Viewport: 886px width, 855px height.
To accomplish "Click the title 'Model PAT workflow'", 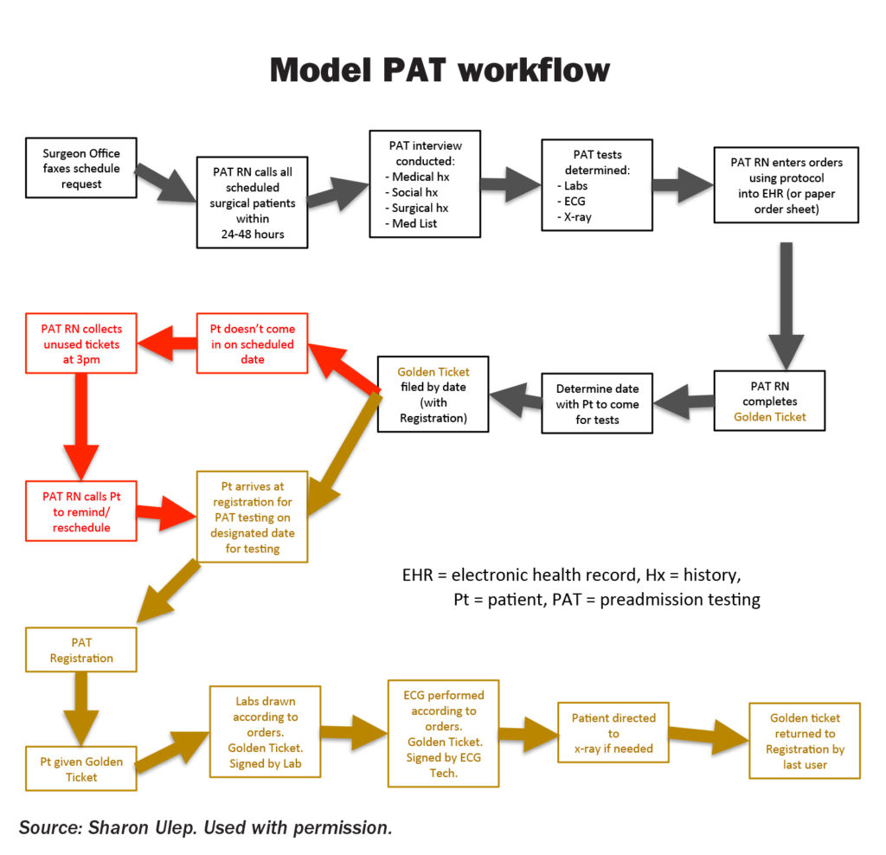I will click(440, 70).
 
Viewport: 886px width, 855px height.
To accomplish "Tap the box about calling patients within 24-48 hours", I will click(253, 202).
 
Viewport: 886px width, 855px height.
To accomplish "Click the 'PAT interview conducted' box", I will click(424, 183).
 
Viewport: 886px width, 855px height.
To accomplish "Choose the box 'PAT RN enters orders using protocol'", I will click(786, 184).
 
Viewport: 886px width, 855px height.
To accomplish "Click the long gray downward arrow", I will click(786, 299).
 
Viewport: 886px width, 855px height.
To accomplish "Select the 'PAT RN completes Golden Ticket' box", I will click(769, 402).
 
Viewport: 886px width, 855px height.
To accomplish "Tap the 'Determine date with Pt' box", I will click(597, 403).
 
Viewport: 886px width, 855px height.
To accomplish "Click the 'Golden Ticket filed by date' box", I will click(433, 395).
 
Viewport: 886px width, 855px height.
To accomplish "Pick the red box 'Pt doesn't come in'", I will click(253, 344).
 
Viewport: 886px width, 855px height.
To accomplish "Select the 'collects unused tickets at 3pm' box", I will click(81, 344).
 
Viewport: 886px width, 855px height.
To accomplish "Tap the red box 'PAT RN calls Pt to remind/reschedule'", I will click(81, 511).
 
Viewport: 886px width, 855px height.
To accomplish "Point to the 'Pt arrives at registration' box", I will click(252, 517).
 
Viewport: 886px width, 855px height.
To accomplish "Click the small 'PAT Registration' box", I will click(81, 650).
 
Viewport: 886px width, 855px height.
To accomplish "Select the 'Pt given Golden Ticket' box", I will click(81, 768).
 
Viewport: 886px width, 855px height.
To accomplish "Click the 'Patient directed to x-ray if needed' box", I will click(613, 732).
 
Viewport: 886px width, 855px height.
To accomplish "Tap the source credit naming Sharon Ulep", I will click(206, 827).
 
